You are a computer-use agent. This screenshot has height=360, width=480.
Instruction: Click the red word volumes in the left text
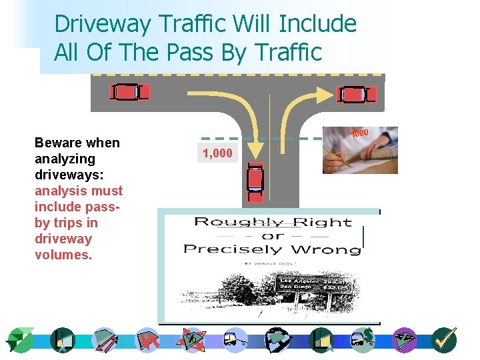63,255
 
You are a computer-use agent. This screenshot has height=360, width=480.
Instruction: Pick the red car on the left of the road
129,92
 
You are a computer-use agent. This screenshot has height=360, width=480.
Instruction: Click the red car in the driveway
255,181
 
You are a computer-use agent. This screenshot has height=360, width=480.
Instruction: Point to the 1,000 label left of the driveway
217,153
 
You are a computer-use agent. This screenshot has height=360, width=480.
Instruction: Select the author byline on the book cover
272,263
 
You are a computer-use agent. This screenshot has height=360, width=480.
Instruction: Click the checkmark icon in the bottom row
443,340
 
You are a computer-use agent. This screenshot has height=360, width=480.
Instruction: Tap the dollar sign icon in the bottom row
364,340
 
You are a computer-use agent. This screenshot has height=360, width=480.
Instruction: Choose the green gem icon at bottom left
19,340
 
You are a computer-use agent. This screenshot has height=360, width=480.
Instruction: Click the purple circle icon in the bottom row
404,340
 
